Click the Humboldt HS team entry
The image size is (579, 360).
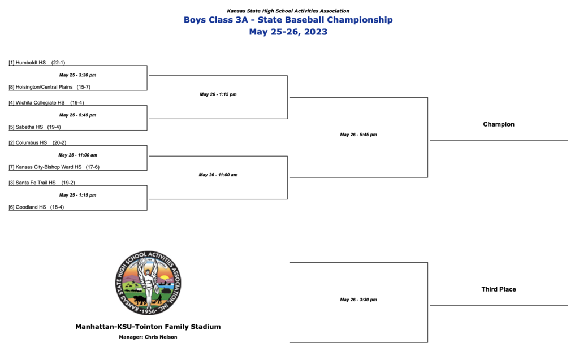pos(37,63)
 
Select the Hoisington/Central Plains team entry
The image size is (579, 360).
pos(50,87)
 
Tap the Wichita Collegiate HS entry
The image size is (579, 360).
pos(46,103)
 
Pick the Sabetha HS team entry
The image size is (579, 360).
pos(34,127)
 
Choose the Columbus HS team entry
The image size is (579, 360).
pos(37,142)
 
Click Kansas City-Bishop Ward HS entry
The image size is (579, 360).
pos(54,167)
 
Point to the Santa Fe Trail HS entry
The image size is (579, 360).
pos(42,183)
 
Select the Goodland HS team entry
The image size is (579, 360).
pos(36,207)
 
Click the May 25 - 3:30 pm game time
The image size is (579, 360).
pos(77,75)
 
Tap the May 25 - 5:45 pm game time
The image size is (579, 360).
pos(77,115)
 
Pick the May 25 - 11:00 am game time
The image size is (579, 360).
pos(77,155)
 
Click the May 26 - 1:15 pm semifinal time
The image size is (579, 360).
pos(218,94)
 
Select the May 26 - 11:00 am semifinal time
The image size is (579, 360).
pos(218,175)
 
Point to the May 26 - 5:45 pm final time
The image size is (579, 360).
pos(358,135)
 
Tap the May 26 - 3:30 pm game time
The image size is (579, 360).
pos(358,300)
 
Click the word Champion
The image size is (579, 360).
pos(499,124)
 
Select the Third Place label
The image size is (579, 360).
pos(499,289)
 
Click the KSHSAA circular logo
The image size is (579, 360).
pos(148,283)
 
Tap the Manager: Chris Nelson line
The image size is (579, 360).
pos(148,337)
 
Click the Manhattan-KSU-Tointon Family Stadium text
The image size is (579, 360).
pos(148,327)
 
